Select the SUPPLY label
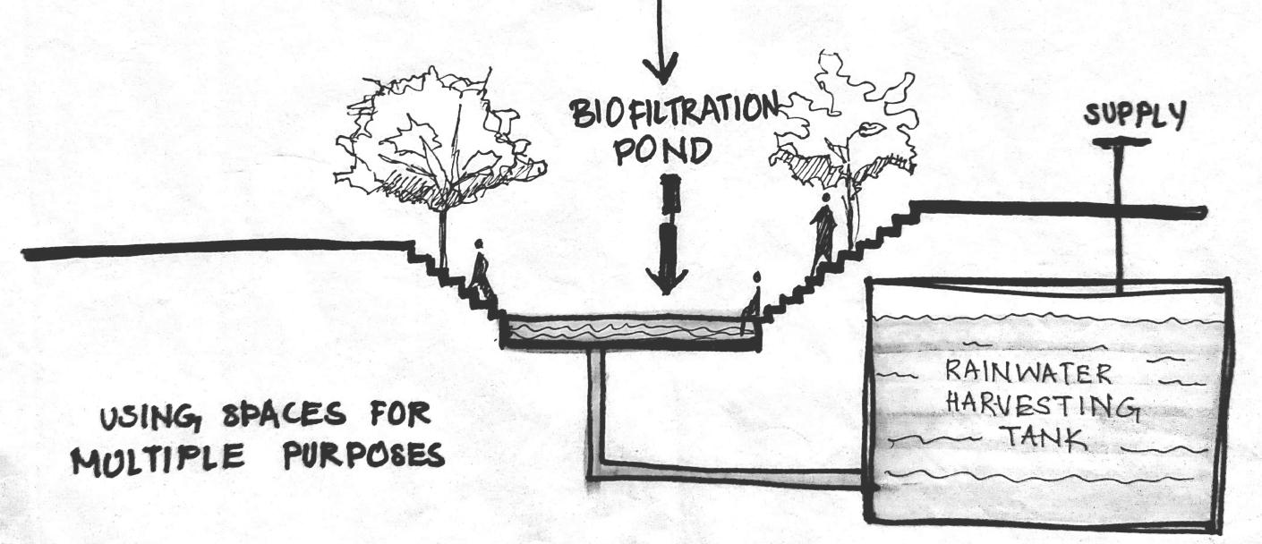click(x=1135, y=115)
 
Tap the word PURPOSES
click(x=364, y=455)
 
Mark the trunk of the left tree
click(x=442, y=237)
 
